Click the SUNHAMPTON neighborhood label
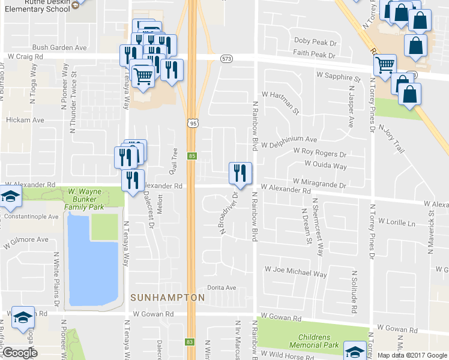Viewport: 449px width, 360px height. pyautogui.click(x=167, y=298)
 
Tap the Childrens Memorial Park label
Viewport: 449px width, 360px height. pyautogui.click(x=315, y=341)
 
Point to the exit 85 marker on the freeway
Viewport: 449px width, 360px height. pyautogui.click(x=192, y=156)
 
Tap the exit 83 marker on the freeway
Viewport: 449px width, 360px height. pyautogui.click(x=190, y=342)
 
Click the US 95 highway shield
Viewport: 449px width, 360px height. pyautogui.click(x=192, y=123)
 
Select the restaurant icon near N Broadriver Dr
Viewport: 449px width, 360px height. pyautogui.click(x=240, y=173)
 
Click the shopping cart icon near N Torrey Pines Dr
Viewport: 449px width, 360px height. pyautogui.click(x=385, y=64)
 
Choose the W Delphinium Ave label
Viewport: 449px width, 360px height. pyautogui.click(x=289, y=139)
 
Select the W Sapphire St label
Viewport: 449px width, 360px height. pyautogui.click(x=338, y=77)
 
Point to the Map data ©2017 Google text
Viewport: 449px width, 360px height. pyautogui.click(x=412, y=355)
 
